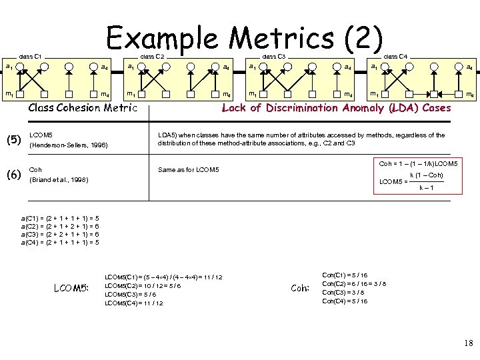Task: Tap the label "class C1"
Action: pos(31,57)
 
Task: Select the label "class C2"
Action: pos(152,57)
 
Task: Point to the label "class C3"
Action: pos(273,57)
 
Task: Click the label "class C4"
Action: pos(395,57)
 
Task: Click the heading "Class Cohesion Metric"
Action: pos(83,108)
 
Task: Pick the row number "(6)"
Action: pos(13,175)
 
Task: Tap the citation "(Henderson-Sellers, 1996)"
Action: pos(69,145)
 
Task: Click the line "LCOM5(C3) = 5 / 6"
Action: pos(131,294)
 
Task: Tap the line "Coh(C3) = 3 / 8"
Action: pos(344,292)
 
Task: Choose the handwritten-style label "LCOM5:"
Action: pos(71,288)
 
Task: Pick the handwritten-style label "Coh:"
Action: pos(301,288)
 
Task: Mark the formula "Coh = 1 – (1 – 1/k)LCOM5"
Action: pos(418,163)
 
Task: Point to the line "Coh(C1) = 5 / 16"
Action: pos(345,275)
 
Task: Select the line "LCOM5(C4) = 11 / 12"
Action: pos(134,303)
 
